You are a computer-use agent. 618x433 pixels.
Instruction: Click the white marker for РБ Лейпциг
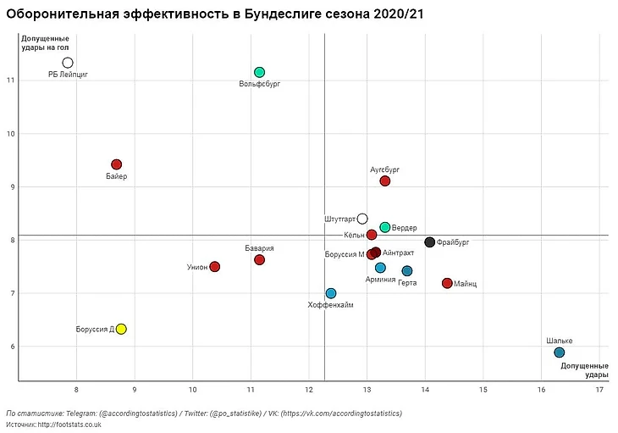click(x=68, y=63)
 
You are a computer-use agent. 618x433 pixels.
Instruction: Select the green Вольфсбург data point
click(x=259, y=72)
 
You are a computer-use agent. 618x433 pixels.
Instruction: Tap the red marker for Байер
click(x=117, y=164)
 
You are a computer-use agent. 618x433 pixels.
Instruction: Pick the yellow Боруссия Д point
click(x=121, y=329)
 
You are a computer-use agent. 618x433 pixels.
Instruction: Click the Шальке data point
click(x=559, y=353)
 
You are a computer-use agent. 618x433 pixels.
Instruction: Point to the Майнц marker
click(x=447, y=283)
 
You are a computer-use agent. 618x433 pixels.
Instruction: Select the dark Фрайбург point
click(x=429, y=242)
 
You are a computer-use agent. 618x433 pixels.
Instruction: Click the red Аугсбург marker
click(x=385, y=180)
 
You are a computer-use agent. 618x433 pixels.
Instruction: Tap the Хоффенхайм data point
click(x=331, y=293)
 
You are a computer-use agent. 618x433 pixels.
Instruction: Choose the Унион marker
click(x=214, y=266)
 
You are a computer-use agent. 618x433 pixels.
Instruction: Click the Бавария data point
click(x=259, y=259)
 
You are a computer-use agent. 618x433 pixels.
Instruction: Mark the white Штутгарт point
click(x=362, y=219)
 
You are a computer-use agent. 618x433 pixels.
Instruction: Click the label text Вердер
click(x=405, y=228)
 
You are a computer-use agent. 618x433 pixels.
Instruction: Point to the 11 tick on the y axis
click(x=9, y=80)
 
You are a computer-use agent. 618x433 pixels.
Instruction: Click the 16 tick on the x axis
click(x=541, y=389)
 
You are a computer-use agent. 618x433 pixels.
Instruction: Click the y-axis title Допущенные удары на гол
click(x=46, y=43)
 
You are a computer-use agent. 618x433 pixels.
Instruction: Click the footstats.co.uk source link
click(x=67, y=424)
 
